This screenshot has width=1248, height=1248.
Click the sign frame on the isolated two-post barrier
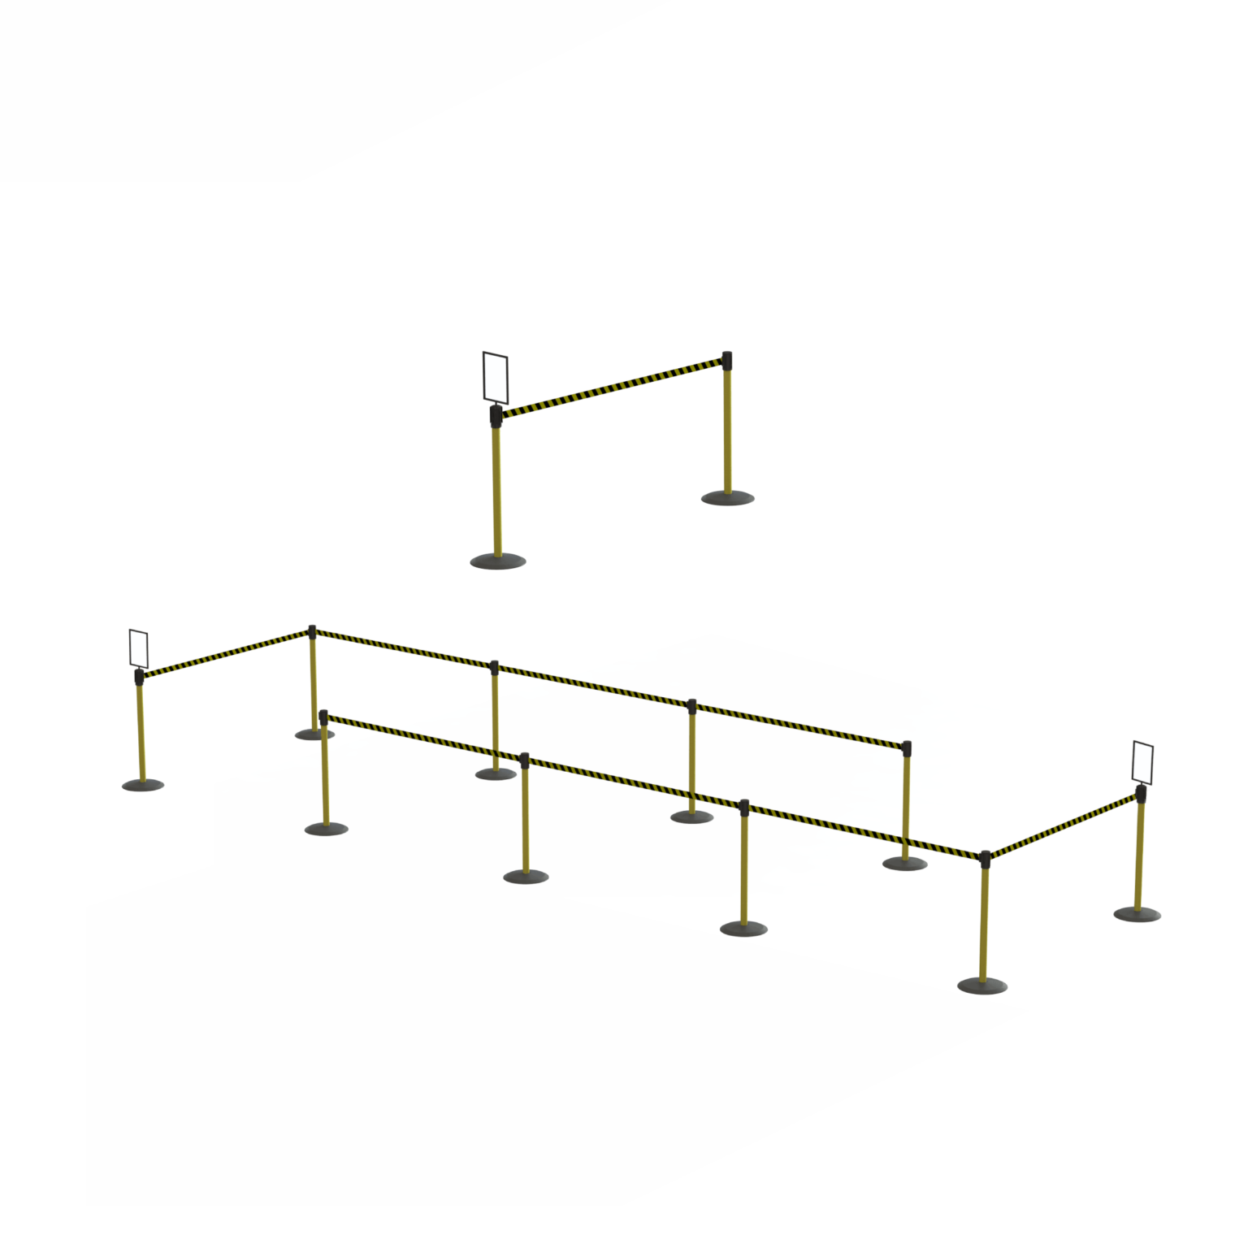[x=495, y=377]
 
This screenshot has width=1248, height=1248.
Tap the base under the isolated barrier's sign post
[x=498, y=561]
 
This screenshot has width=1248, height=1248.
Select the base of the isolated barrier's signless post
[x=728, y=497]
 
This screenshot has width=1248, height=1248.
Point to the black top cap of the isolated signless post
[x=727, y=358]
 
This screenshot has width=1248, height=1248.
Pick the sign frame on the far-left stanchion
[x=139, y=648]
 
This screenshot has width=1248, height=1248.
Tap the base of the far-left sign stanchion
[x=143, y=785]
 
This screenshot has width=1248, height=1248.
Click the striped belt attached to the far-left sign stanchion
[x=223, y=652]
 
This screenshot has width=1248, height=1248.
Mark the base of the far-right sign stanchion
[x=1137, y=914]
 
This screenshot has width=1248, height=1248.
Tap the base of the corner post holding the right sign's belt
[x=982, y=986]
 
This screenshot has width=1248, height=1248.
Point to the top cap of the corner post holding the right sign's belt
[x=985, y=857]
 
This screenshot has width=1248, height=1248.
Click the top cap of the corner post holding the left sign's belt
[x=312, y=631]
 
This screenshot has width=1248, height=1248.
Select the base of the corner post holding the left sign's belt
[x=314, y=734]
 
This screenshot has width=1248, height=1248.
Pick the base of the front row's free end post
[x=326, y=829]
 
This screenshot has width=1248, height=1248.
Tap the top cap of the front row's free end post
[x=324, y=716]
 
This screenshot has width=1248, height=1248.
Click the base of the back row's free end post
[x=904, y=863]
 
